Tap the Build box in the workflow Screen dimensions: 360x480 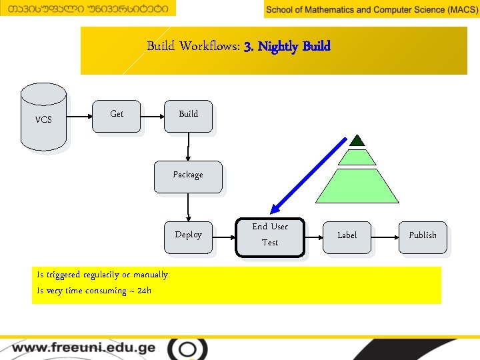tap(189, 117)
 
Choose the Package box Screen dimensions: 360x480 tap(188, 177)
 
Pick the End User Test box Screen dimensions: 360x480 tap(270, 237)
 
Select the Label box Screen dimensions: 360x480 tap(347, 237)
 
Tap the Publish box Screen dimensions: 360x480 tap(423, 237)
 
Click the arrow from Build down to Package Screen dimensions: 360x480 tap(189, 147)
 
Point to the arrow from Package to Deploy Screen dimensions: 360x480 tap(189, 207)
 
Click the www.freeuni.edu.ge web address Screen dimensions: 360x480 tap(83, 348)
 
